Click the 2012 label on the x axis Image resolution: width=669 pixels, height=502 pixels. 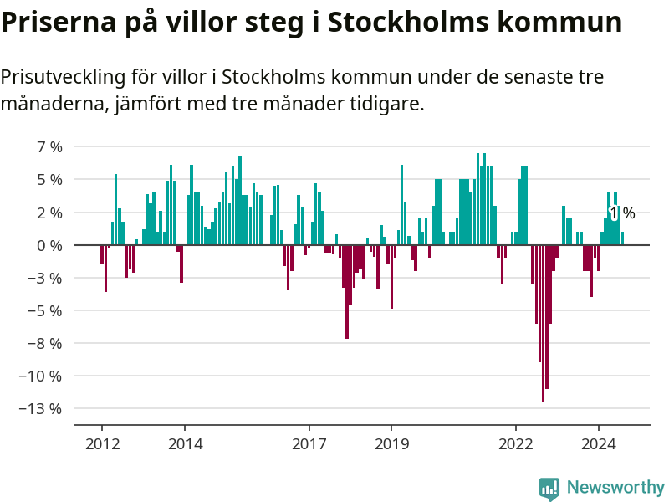(x=102, y=443)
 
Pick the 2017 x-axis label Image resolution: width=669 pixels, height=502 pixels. (x=309, y=443)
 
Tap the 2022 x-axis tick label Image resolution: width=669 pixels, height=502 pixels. (x=515, y=443)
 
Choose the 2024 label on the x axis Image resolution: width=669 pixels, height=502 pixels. (x=598, y=443)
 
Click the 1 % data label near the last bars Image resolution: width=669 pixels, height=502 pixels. (x=622, y=213)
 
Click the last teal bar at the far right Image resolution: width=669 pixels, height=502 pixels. (x=622, y=238)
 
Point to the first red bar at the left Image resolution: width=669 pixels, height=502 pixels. (x=102, y=254)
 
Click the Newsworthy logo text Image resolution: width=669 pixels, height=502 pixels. (x=615, y=487)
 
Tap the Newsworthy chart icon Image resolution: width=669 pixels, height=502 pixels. (x=549, y=489)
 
